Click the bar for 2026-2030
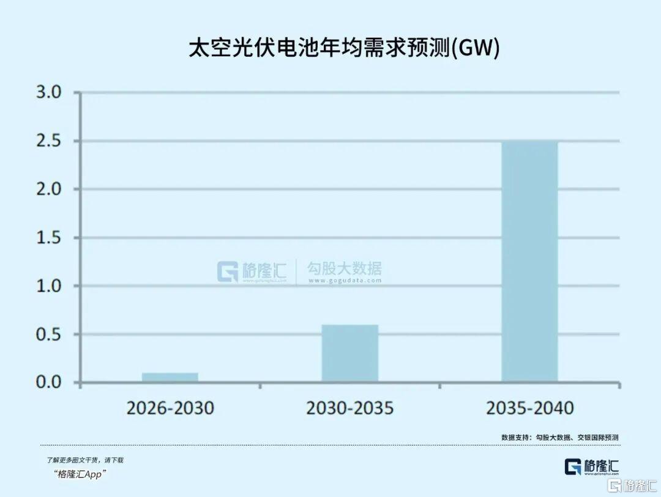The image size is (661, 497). click(x=170, y=377)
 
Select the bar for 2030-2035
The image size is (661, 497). click(x=350, y=353)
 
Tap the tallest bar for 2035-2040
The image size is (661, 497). click(x=529, y=262)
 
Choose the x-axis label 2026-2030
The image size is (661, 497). click(x=170, y=408)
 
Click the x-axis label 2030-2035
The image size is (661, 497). click(x=350, y=408)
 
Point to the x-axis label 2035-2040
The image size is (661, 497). click(x=530, y=408)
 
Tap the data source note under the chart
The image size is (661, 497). click(x=560, y=438)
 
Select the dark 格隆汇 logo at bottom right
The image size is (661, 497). click(x=591, y=466)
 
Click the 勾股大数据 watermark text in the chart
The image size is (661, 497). click(x=345, y=268)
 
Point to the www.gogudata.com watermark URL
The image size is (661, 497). click(x=345, y=281)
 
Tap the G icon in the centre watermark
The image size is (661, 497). click(x=228, y=271)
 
